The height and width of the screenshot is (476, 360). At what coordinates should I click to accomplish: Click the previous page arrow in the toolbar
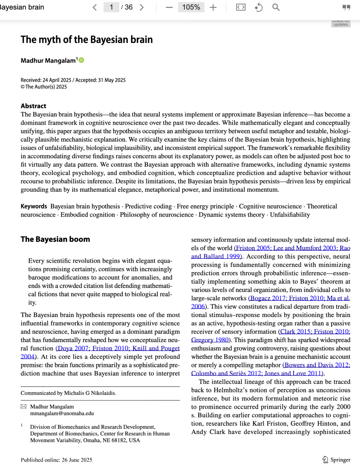pos(95,7)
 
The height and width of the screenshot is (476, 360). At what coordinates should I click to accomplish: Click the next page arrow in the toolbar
pos(142,7)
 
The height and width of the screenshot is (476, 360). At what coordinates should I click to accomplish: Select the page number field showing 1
pos(111,7)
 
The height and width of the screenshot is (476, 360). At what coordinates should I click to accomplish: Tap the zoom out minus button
pos(169,7)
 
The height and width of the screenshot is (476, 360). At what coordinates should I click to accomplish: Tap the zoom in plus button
pos(213,7)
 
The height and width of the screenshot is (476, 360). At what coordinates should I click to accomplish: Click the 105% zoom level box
pos(191,7)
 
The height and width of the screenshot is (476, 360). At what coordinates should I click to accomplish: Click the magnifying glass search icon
pos(276,7)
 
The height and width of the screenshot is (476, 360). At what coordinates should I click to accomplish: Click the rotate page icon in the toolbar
pos(259,7)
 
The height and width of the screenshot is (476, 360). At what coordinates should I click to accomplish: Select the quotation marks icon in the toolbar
pos(346,7)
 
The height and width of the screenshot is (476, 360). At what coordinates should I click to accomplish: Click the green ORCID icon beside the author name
pos(81,60)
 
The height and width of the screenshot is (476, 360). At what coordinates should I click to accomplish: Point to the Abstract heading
pos(33,106)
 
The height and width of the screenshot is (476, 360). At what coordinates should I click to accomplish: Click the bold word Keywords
pos(34,206)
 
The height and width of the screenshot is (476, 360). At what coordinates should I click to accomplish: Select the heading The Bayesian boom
pos(55,239)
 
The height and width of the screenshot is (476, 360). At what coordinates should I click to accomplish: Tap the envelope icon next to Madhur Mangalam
pos(23,407)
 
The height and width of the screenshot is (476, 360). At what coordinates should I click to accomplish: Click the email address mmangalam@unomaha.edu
pos(62,413)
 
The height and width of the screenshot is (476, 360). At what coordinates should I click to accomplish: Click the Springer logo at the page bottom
pos(337,460)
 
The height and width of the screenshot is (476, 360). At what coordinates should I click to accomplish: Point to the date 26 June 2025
pos(77,460)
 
